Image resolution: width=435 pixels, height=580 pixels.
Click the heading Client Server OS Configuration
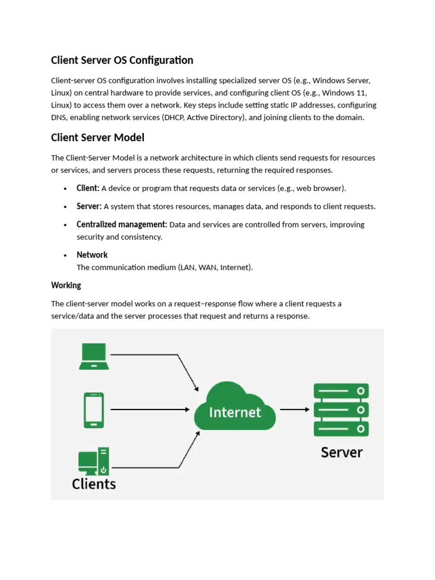point(122,60)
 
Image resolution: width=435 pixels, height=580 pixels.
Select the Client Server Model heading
point(97,138)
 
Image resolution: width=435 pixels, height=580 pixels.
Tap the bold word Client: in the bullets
point(88,188)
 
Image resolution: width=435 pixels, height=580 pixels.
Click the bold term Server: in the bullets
point(89,206)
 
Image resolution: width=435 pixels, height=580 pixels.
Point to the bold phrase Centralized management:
point(122,224)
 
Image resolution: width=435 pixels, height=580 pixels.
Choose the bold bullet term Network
point(92,255)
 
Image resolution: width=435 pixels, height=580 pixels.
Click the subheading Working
point(66,285)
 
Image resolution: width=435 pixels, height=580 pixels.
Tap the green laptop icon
point(94,356)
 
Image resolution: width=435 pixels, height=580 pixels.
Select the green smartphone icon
point(94,410)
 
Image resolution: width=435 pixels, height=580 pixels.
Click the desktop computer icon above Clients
point(93,461)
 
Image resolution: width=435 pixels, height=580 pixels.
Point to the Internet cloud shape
point(235,406)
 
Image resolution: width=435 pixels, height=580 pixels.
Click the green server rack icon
point(341,410)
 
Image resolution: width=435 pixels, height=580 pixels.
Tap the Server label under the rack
point(342,453)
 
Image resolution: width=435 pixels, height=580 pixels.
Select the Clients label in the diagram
point(94,484)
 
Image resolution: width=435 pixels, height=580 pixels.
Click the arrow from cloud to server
point(295,410)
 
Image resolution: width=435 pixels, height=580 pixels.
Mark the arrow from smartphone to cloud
point(150,410)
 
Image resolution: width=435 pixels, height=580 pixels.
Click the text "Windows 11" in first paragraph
point(344,93)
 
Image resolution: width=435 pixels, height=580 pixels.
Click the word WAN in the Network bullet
point(207,267)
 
